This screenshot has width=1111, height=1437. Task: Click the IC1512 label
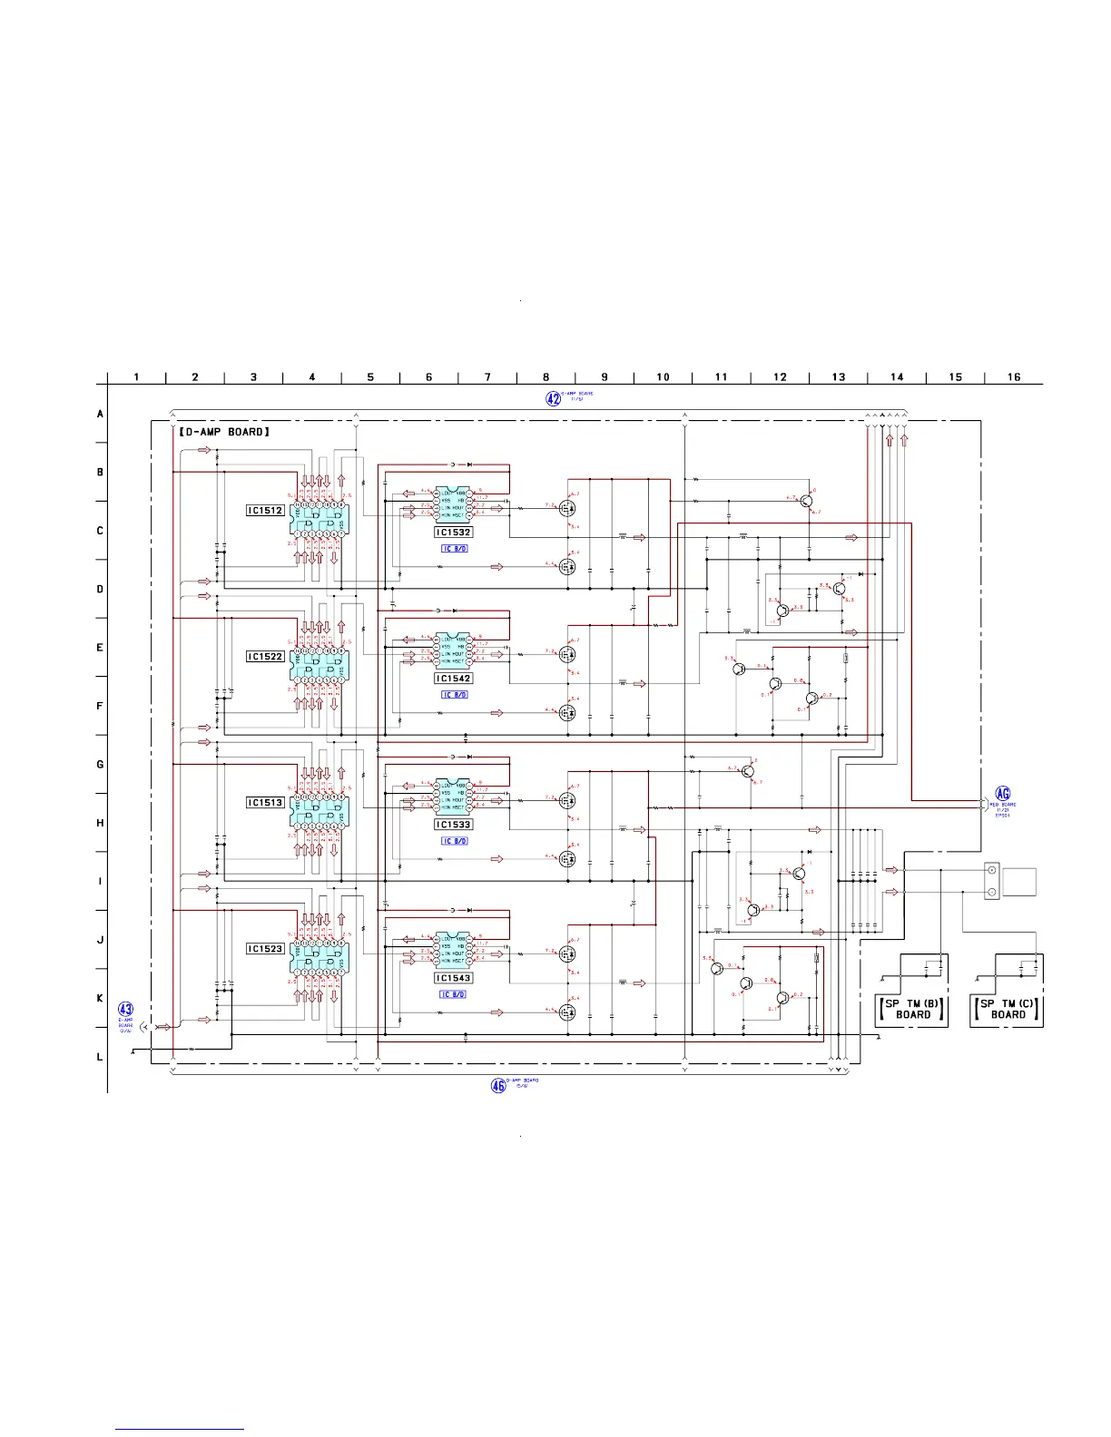(265, 511)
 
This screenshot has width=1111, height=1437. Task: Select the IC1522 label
(265, 657)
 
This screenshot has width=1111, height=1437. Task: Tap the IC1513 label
(265, 803)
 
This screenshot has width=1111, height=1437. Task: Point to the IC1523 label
(265, 949)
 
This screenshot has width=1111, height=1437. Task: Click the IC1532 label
(453, 533)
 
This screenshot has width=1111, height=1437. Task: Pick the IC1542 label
(453, 679)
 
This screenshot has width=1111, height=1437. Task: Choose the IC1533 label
(453, 825)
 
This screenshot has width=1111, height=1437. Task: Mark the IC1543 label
(453, 978)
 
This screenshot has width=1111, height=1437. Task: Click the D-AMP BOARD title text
(224, 432)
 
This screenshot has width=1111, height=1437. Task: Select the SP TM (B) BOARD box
(912, 1009)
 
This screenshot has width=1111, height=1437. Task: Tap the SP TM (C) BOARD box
(1008, 1009)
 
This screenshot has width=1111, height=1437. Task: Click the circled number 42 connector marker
(553, 398)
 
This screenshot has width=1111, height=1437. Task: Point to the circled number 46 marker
(498, 1085)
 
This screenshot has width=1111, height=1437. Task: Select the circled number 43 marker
(126, 1010)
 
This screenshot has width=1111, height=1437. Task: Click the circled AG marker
(1003, 794)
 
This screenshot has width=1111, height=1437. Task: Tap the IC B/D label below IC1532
(454, 549)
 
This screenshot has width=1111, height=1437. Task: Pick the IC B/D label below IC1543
(454, 994)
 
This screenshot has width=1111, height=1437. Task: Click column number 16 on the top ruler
(1014, 377)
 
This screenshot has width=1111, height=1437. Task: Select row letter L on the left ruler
(100, 1057)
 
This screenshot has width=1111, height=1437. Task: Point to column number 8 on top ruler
(546, 377)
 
